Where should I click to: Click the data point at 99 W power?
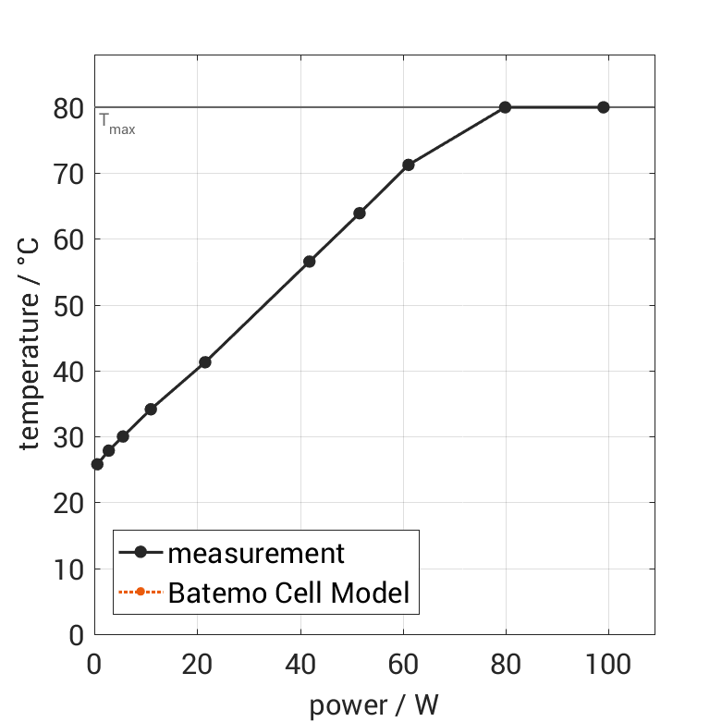tap(603, 107)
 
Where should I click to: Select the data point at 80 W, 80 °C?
tap(505, 107)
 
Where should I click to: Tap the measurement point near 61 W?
tap(408, 165)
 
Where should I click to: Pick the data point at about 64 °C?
tap(359, 213)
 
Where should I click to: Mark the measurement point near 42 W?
tap(309, 262)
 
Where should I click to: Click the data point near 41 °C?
tap(204, 361)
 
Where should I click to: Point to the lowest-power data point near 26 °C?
tap(97, 463)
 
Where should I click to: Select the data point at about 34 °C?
tap(151, 409)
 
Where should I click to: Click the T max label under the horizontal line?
tap(117, 124)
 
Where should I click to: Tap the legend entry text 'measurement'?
tap(255, 553)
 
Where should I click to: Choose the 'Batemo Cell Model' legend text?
tap(288, 592)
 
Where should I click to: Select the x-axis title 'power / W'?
tap(373, 705)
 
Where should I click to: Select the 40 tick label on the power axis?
tap(300, 663)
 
